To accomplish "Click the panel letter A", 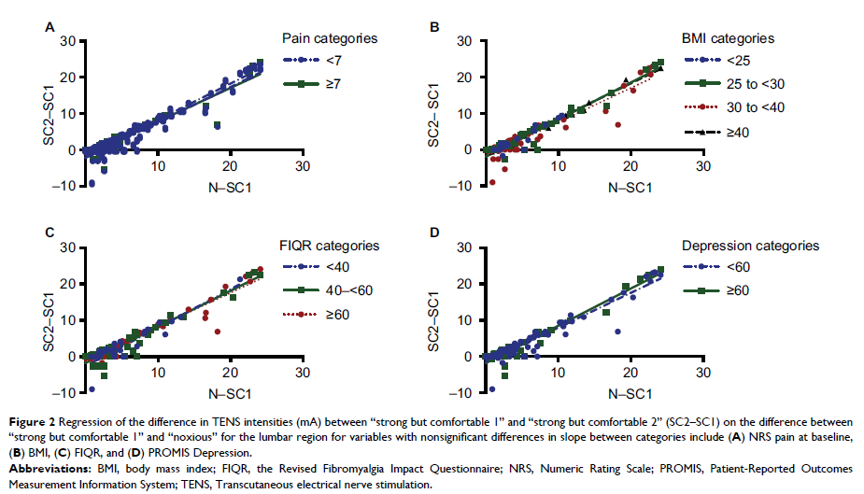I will click(x=50, y=29).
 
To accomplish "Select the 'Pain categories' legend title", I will click(x=330, y=39).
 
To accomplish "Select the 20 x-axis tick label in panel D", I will click(x=630, y=374).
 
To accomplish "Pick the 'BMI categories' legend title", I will click(x=726, y=39).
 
